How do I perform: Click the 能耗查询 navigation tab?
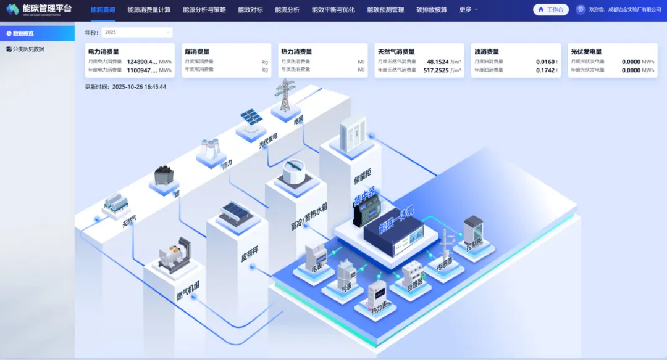(x=103, y=10)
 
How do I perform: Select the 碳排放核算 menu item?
(x=432, y=10)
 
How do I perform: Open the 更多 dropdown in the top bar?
(x=469, y=10)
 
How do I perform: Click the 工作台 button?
(x=550, y=10)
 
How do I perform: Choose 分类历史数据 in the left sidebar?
(x=28, y=49)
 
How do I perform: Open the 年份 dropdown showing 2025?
(x=136, y=32)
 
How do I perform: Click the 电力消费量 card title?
(x=104, y=52)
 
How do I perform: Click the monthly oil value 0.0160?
(x=545, y=62)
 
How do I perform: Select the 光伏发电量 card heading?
(x=586, y=52)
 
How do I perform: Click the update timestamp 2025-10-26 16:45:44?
(x=139, y=87)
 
